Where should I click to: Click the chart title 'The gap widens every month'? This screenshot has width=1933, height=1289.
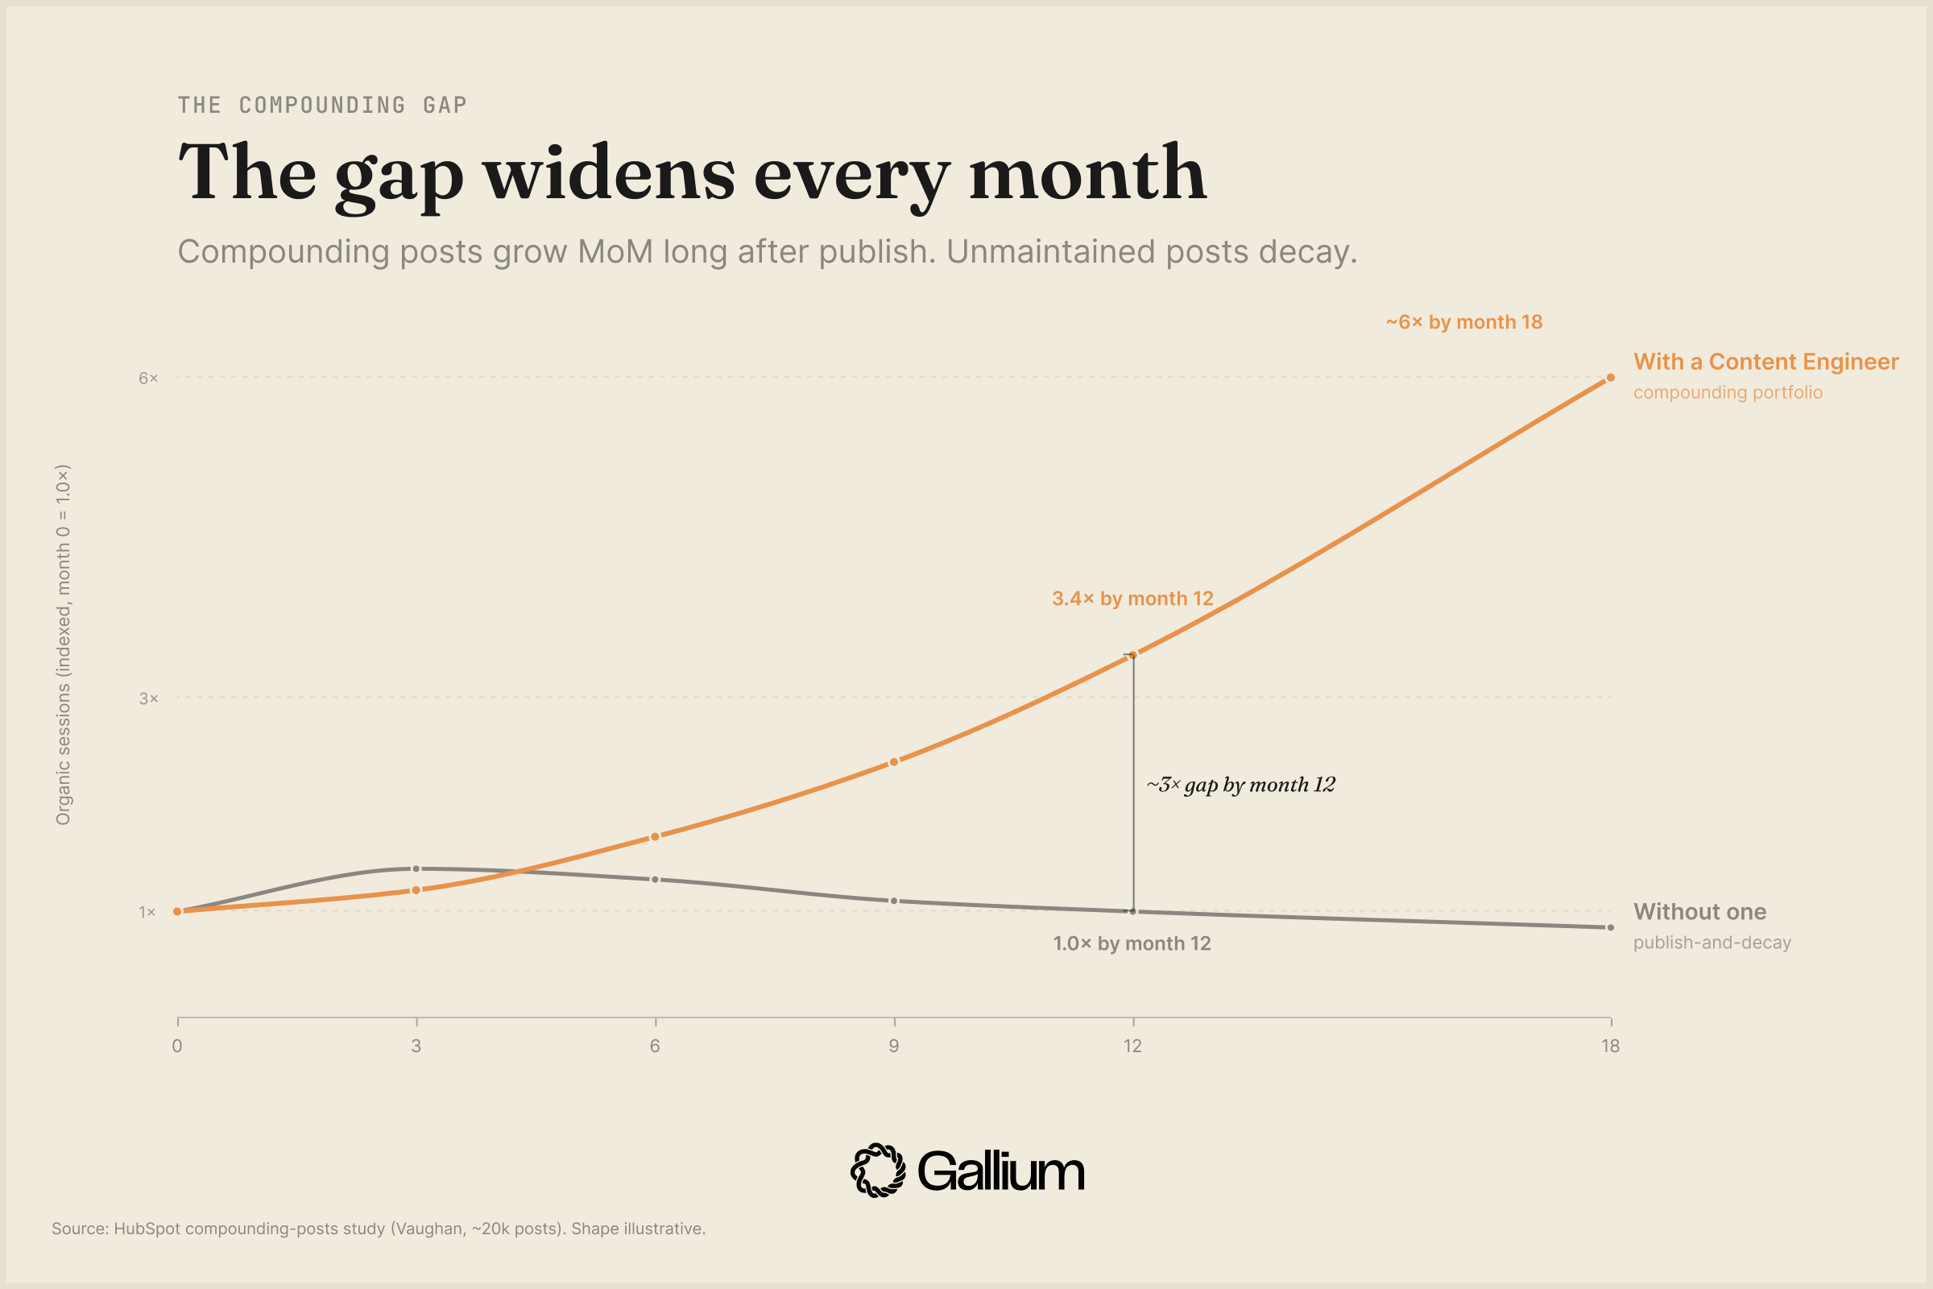pyautogui.click(x=692, y=172)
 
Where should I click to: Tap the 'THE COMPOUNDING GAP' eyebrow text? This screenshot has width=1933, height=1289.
pyautogui.click(x=322, y=106)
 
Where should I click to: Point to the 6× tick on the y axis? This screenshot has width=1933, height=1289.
pyautogui.click(x=148, y=378)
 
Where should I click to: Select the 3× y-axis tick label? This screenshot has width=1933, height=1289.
pyautogui.click(x=148, y=698)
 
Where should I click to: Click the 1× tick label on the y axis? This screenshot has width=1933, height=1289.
pyautogui.click(x=147, y=913)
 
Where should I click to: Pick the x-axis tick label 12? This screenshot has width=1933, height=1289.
pyautogui.click(x=1132, y=1046)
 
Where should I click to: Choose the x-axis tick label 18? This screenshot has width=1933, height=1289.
pyautogui.click(x=1610, y=1046)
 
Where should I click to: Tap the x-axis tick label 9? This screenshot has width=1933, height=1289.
pyautogui.click(x=893, y=1046)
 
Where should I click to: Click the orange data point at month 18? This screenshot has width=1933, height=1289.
pyautogui.click(x=1611, y=378)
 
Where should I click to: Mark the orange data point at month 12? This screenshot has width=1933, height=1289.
pyautogui.click(x=1133, y=655)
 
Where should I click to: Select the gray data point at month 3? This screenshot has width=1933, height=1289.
pyautogui.click(x=416, y=869)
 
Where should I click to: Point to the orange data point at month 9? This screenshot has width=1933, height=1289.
pyautogui.click(x=894, y=762)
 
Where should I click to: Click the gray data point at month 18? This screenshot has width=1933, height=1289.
pyautogui.click(x=1611, y=928)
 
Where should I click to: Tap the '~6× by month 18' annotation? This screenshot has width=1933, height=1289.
pyautogui.click(x=1463, y=322)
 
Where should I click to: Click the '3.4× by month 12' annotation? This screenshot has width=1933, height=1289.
pyautogui.click(x=1132, y=599)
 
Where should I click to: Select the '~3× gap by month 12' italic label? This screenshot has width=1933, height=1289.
pyautogui.click(x=1241, y=785)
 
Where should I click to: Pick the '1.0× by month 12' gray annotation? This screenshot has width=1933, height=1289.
pyautogui.click(x=1132, y=943)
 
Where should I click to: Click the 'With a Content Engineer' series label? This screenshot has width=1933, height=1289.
pyautogui.click(x=1765, y=362)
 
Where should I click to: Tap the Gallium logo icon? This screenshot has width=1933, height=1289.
pyautogui.click(x=878, y=1170)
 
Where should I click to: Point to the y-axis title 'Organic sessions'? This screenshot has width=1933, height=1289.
pyautogui.click(x=64, y=645)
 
